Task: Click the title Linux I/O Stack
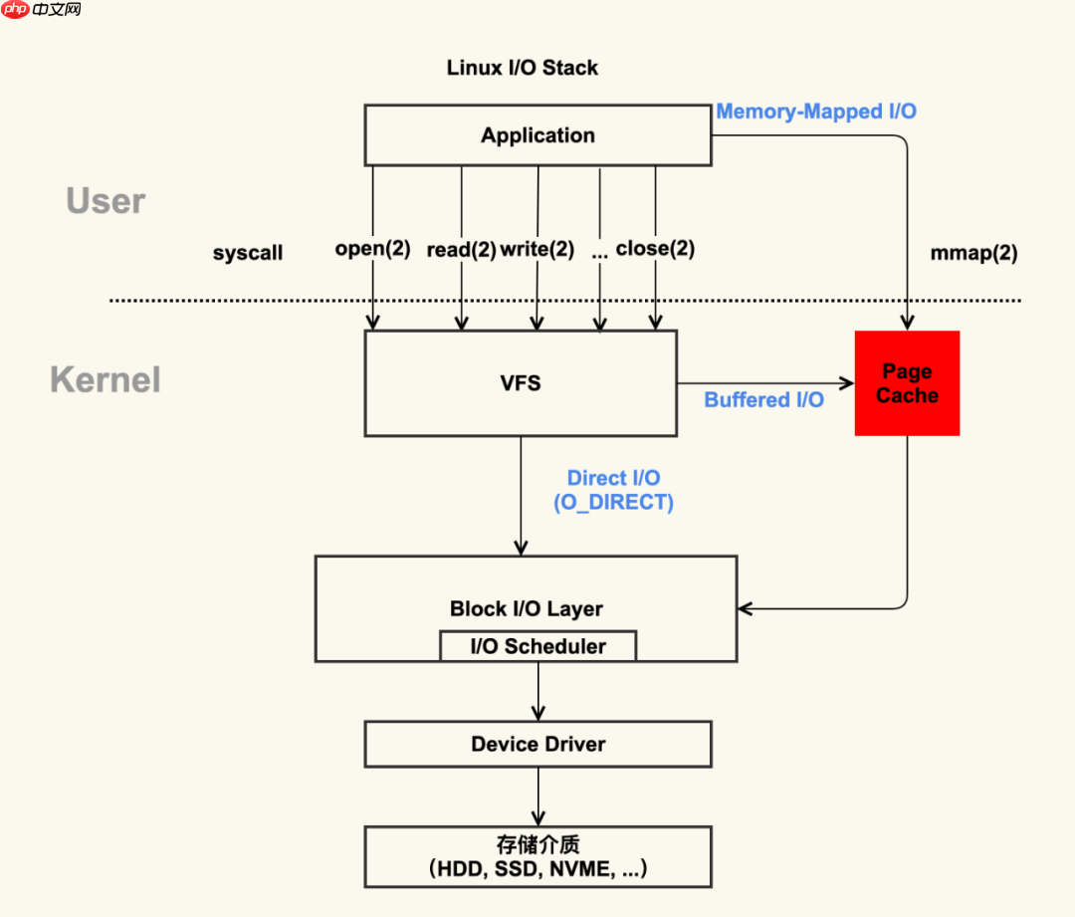[523, 69]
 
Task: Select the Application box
[537, 136]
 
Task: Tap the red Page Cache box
[907, 383]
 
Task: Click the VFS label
[521, 383]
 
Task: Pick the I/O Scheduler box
[537, 646]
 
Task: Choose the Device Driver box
[537, 744]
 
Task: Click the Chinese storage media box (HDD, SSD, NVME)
[537, 856]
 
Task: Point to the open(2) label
[373, 249]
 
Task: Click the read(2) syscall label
[461, 250]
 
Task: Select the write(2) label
[537, 249]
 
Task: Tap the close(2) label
[655, 249]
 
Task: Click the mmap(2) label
[973, 253]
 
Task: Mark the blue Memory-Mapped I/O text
[816, 112]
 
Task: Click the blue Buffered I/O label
[763, 400]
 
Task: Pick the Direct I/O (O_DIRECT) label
[613, 491]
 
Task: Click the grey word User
[106, 201]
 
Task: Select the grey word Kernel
[106, 380]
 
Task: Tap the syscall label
[248, 253]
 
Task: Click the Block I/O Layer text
[526, 608]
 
